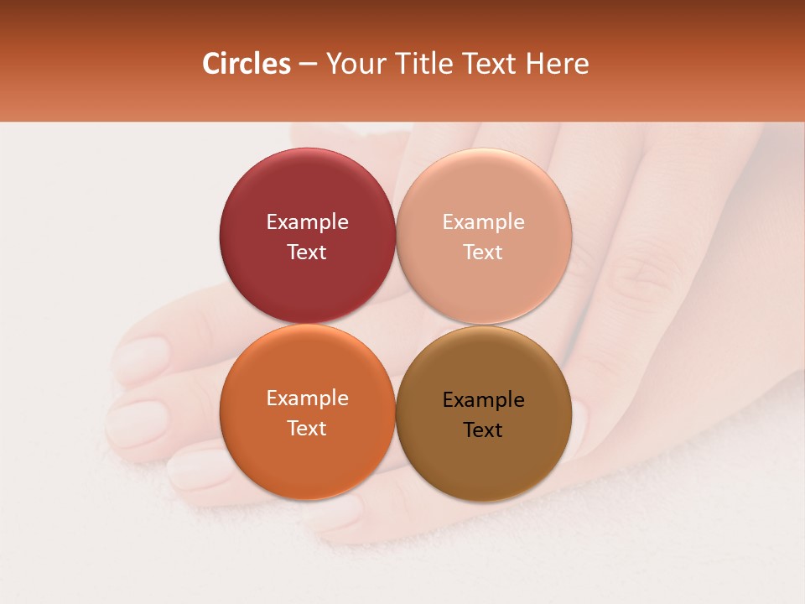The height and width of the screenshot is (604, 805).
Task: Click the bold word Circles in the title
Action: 247,64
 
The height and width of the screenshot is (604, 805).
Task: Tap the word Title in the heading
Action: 422,64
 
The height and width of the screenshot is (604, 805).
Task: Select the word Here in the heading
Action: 557,64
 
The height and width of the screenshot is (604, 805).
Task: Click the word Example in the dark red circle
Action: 307,222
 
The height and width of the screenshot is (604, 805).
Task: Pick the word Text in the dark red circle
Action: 307,253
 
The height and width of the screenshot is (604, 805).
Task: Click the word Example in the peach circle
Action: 483,222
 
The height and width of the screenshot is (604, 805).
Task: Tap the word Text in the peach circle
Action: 483,253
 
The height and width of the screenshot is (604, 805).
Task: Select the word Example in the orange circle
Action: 307,398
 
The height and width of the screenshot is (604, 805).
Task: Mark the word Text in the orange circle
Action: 307,429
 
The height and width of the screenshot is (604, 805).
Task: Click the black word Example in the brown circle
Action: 483,400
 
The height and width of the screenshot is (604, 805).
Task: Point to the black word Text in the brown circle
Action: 483,430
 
